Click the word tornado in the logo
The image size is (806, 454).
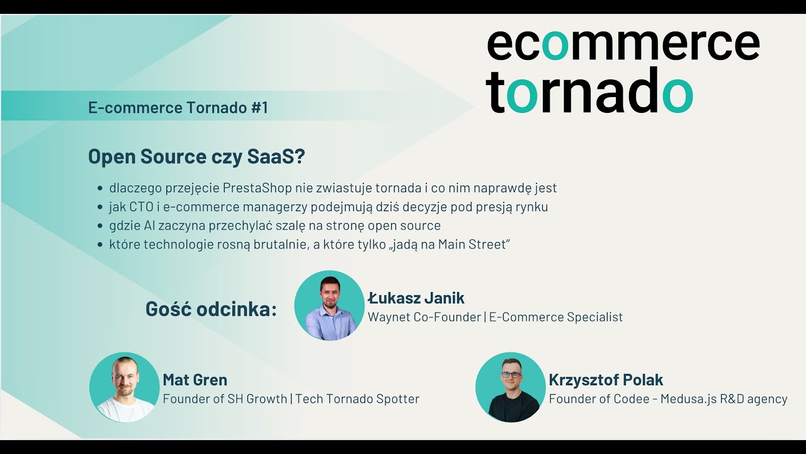[589, 91]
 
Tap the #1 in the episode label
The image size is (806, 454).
[259, 108]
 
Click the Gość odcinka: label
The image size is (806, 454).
[211, 309]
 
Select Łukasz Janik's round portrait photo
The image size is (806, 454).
[329, 306]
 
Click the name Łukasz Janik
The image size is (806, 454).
[416, 298]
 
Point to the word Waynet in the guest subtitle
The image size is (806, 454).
[389, 317]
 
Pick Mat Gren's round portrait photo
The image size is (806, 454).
[124, 387]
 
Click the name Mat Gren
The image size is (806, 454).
[195, 380]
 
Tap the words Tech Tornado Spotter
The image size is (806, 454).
[357, 399]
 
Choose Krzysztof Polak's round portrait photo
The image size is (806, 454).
[510, 387]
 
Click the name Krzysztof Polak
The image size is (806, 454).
[606, 380]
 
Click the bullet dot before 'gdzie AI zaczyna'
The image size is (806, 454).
[100, 226]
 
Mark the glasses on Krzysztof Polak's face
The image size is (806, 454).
[510, 375]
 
